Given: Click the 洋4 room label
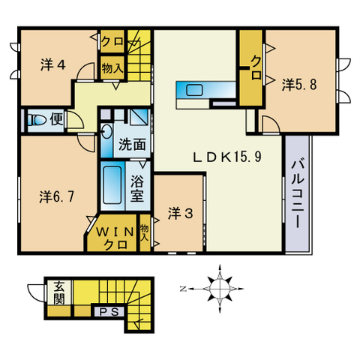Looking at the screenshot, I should pyautogui.click(x=52, y=64).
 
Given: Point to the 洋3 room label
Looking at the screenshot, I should pyautogui.click(x=181, y=213).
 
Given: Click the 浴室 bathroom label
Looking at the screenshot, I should pyautogui.click(x=137, y=187).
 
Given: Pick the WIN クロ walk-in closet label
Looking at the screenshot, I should pyautogui.click(x=114, y=236).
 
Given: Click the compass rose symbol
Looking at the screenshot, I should pyautogui.click(x=218, y=286).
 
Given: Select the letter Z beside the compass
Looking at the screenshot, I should pyautogui.click(x=183, y=287).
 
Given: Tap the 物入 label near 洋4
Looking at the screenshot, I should pyautogui.click(x=112, y=68).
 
